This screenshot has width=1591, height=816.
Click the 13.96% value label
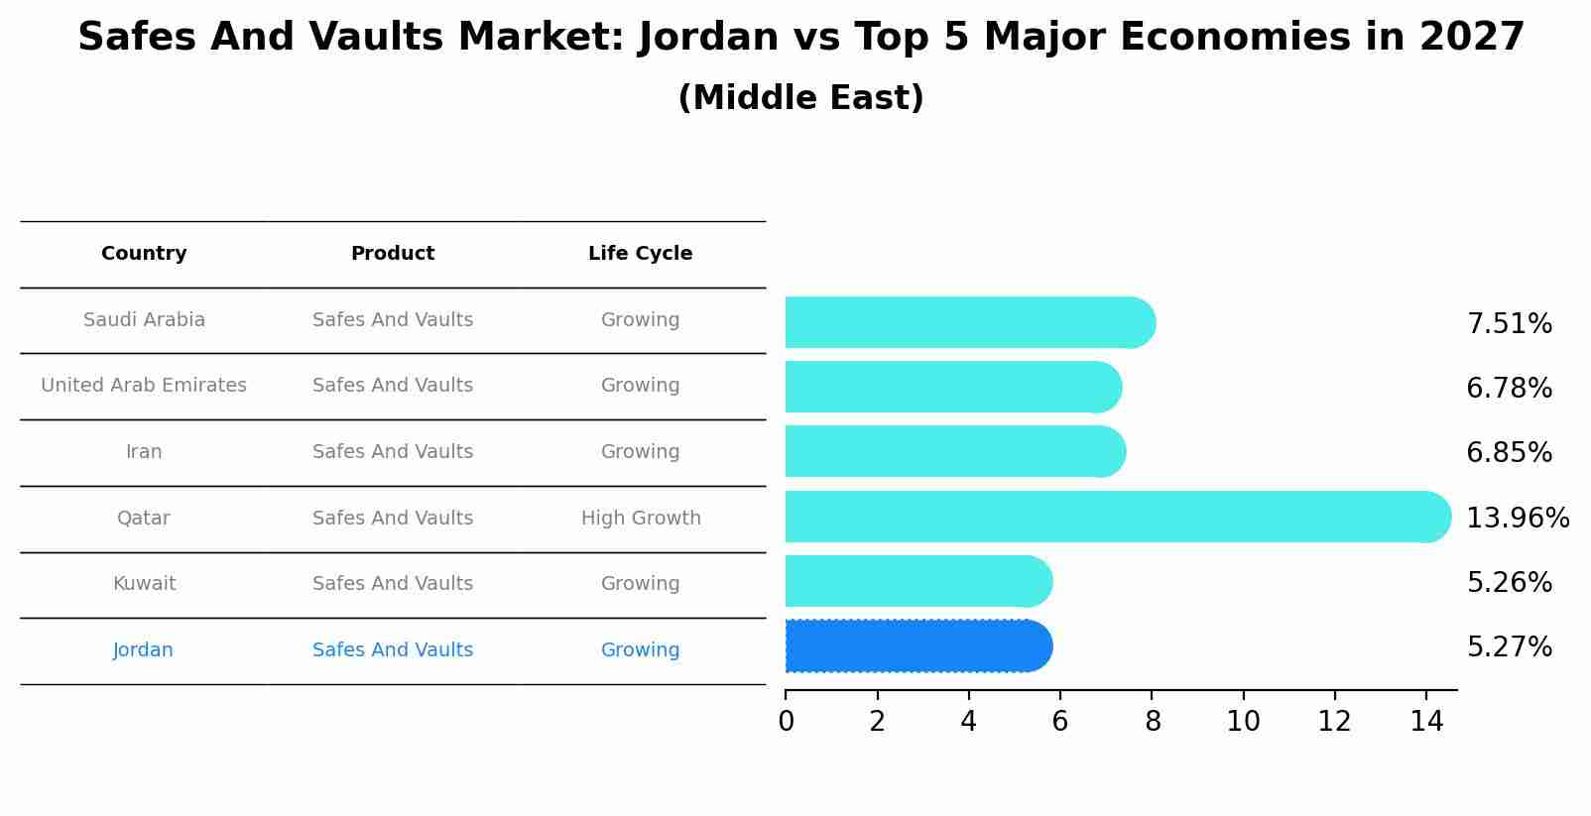(1517, 518)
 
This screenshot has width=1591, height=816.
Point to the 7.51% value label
(1509, 324)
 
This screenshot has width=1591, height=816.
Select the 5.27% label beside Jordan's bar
(1509, 647)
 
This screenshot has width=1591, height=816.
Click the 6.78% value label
(1509, 389)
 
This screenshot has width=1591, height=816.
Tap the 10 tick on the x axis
(1243, 722)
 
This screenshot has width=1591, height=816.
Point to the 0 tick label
(786, 722)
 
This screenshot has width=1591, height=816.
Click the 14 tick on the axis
(1426, 722)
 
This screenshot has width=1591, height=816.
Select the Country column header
(144, 254)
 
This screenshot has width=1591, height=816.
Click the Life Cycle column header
(640, 254)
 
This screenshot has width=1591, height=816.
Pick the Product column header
(393, 254)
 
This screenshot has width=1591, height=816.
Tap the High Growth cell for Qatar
(641, 519)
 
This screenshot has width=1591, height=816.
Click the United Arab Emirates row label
(144, 386)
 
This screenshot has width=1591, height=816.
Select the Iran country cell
(144, 452)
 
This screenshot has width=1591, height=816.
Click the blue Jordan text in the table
(143, 650)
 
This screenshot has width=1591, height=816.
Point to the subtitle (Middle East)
(800, 98)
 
